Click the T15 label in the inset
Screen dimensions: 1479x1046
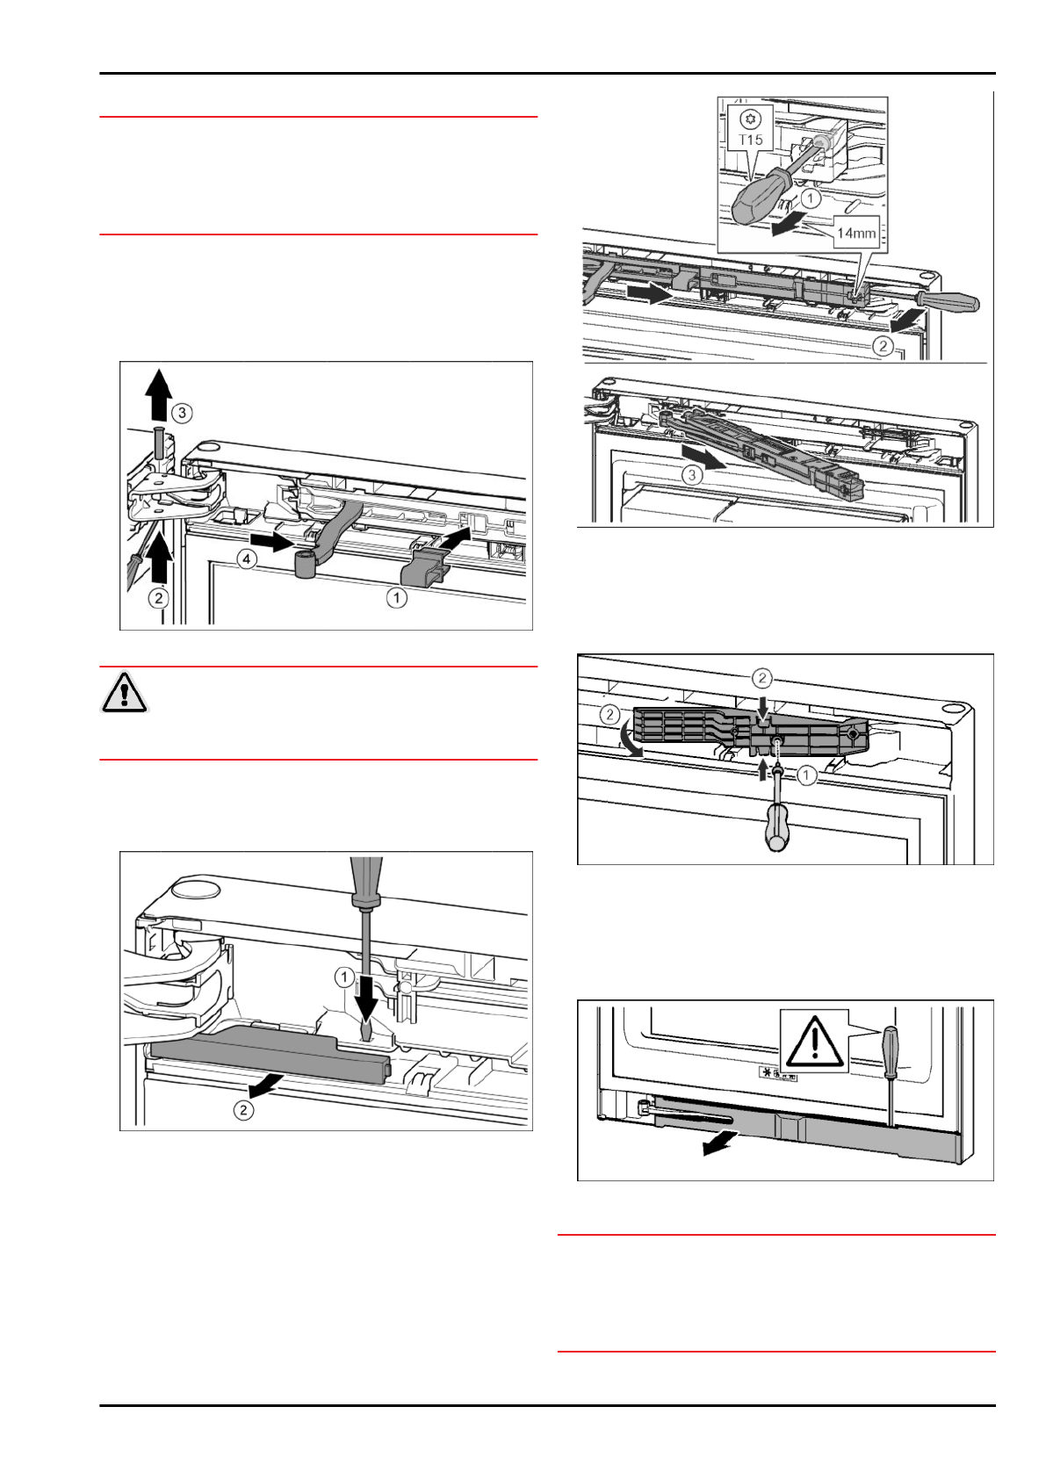(x=752, y=140)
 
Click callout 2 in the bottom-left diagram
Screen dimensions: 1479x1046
(x=243, y=1110)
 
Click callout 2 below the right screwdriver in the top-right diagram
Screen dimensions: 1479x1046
(x=884, y=345)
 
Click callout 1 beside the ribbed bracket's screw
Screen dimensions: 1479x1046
(x=806, y=775)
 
